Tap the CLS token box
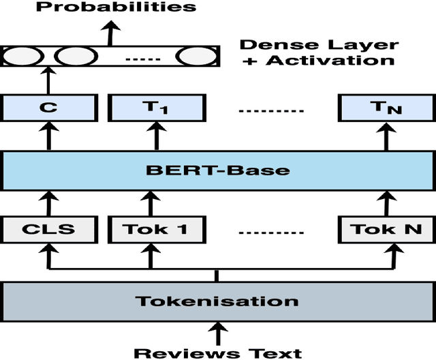(x=49, y=229)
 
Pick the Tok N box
(x=385, y=229)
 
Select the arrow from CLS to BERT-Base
(x=49, y=203)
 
